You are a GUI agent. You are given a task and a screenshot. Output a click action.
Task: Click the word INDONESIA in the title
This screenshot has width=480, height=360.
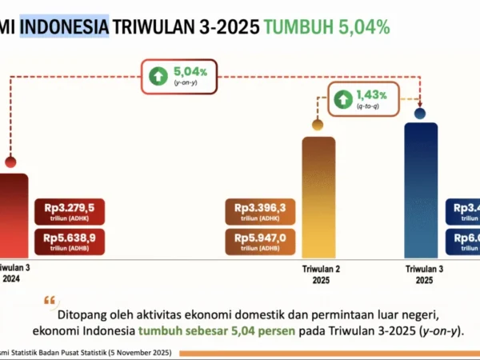pyautogui.click(x=64, y=27)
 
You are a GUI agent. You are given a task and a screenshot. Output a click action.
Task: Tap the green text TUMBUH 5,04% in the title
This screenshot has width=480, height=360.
pyautogui.click(x=326, y=27)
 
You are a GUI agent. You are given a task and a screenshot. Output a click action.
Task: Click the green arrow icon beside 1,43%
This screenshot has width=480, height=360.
pyautogui.click(x=343, y=99)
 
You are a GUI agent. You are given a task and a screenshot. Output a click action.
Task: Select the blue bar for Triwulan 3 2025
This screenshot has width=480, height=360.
pyautogui.click(x=421, y=189)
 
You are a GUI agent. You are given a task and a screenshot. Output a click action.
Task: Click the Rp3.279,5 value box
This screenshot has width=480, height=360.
pyautogui.click(x=70, y=211)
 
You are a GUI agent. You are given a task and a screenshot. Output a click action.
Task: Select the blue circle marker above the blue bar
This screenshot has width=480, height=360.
pyautogui.click(x=420, y=114)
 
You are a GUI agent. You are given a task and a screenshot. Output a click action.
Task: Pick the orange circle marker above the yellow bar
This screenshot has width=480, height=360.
pyautogui.click(x=318, y=125)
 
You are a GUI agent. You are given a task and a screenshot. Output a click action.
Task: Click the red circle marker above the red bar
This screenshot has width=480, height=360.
pyautogui.click(x=10, y=162)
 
